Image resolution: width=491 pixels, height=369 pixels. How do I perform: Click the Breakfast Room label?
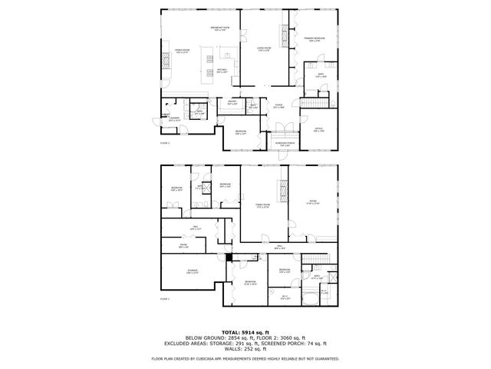pyautogui.click(x=219, y=29)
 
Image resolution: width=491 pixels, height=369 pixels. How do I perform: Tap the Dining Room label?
pyautogui.click(x=182, y=52)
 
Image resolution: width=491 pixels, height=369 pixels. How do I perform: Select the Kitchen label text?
pyautogui.click(x=221, y=69)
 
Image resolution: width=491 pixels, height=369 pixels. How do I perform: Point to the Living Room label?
pyautogui.click(x=262, y=48)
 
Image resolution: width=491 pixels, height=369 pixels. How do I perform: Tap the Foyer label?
pyautogui.click(x=278, y=107)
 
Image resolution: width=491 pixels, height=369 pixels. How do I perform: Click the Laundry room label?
pyautogui.click(x=173, y=119)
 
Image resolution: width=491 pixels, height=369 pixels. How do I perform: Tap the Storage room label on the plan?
pyautogui.click(x=192, y=271)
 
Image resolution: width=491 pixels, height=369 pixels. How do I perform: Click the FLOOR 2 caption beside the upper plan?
pyautogui.click(x=164, y=143)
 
